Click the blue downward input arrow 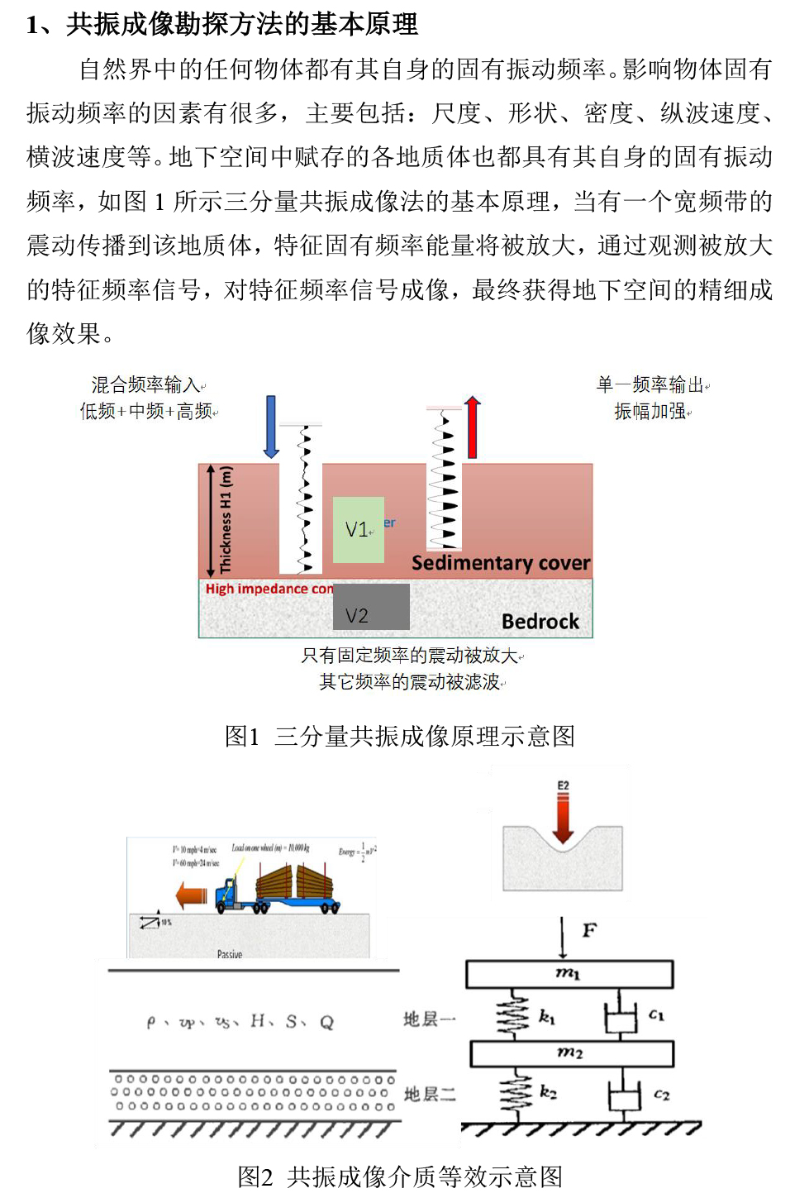point(271,427)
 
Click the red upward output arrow point(472,427)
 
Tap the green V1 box point(359,530)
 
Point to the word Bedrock point(540,622)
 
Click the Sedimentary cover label point(501,563)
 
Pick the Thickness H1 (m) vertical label point(226,520)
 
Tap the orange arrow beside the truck point(192,895)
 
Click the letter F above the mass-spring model point(589,931)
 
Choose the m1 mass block point(569,974)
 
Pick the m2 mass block point(571,1053)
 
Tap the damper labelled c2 point(625,1095)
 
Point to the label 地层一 point(429,1019)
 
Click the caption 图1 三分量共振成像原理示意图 point(399,736)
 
